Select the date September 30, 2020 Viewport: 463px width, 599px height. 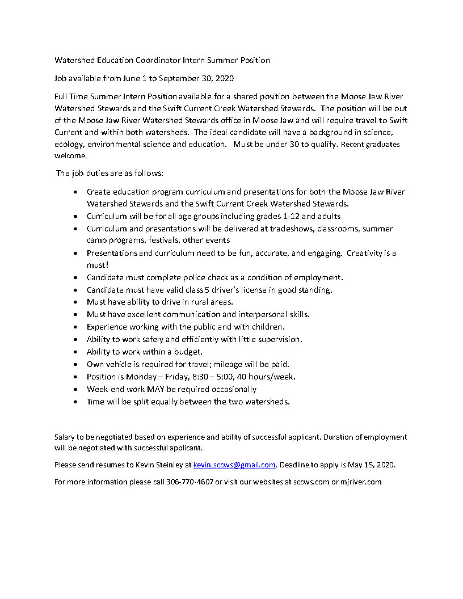tap(198, 78)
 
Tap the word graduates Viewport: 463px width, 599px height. tap(379, 144)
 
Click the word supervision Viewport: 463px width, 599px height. tap(280, 339)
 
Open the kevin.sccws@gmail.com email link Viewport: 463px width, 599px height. tap(234, 465)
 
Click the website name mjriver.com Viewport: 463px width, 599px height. tap(361, 482)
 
